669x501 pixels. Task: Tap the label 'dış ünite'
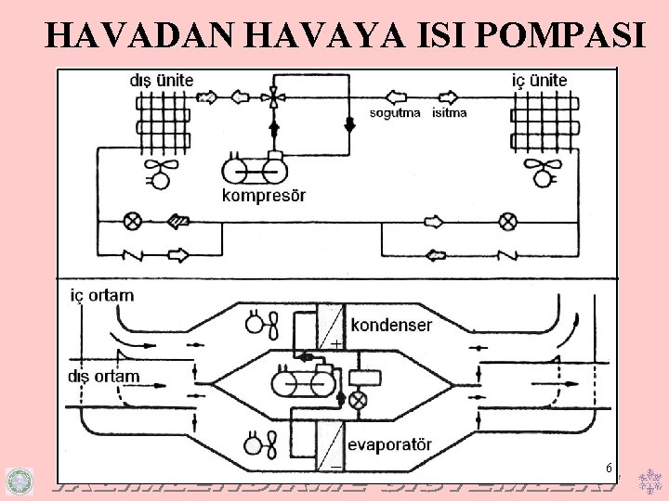(162, 80)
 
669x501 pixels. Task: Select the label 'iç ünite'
(540, 80)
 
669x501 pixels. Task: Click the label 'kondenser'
(391, 326)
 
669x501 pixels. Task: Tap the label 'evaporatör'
(392, 442)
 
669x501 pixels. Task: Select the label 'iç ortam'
(102, 295)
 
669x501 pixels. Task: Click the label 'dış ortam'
(104, 376)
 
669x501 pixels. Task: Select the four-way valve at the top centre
(273, 96)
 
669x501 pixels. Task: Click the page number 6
(607, 468)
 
